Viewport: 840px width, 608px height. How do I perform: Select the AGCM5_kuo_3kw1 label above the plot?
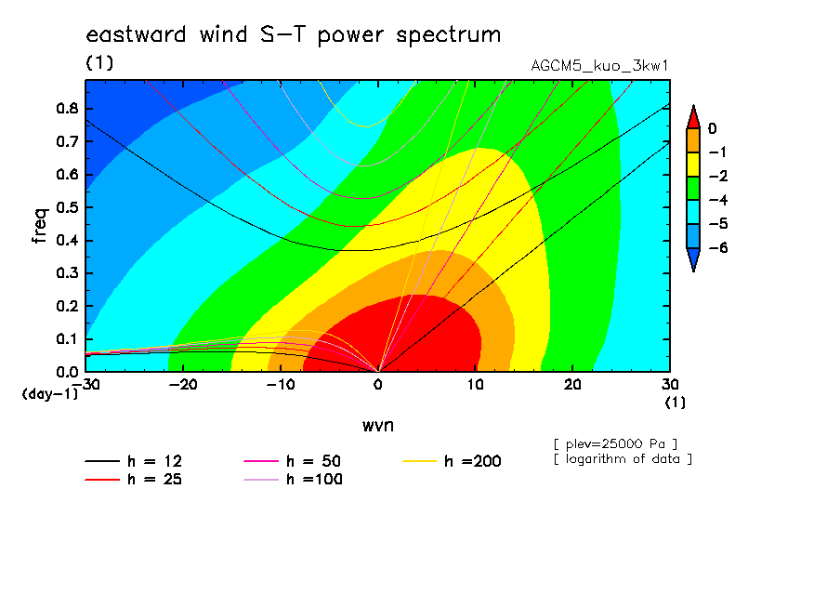[599, 66]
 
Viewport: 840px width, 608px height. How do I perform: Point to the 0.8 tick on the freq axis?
[68, 108]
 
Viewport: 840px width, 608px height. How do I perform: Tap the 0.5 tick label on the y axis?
[68, 207]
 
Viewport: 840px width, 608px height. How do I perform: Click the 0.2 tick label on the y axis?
[68, 306]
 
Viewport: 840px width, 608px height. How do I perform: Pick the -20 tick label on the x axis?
[183, 385]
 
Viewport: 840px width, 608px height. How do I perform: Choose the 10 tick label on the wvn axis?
[475, 385]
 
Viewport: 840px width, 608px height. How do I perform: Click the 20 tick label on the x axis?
[572, 385]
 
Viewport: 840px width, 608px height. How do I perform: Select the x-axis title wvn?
[378, 426]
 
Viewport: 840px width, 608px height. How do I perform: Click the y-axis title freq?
[40, 226]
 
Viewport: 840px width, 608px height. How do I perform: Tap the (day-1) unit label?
[50, 394]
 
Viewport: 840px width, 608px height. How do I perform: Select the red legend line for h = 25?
[102, 480]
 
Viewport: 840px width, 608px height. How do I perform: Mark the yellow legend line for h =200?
[420, 461]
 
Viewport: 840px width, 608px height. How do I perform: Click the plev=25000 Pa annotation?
[616, 444]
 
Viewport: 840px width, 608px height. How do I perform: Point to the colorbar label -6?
[718, 247]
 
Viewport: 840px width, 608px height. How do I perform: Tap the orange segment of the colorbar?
[693, 140]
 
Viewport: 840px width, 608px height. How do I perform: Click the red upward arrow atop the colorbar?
[693, 117]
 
